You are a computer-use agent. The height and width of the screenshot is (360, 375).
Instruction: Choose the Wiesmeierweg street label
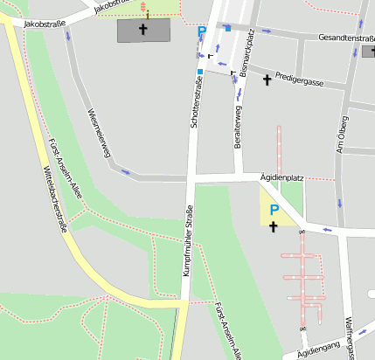[x=100, y=134]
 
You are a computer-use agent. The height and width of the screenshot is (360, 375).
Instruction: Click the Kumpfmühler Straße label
[x=187, y=239]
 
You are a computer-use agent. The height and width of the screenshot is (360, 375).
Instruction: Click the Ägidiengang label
[x=317, y=351]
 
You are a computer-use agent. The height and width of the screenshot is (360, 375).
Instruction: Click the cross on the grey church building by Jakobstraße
[x=142, y=29]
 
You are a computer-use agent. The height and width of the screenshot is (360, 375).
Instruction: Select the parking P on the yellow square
[x=274, y=210]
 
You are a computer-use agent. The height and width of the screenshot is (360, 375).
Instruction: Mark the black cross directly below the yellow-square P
[x=273, y=226]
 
